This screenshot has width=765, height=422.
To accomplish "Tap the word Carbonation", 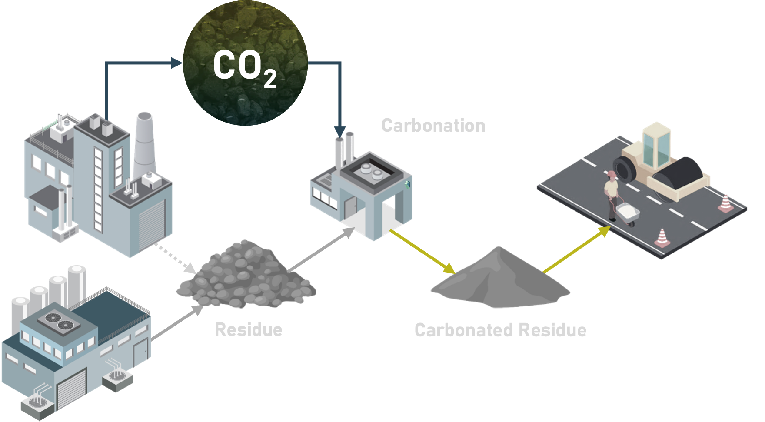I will [433, 126].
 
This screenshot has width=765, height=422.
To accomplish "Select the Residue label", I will [249, 329].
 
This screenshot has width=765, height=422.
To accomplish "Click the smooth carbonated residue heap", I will [500, 280].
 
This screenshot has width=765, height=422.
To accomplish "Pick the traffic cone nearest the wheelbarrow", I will [662, 238].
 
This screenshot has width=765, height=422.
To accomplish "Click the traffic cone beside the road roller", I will [725, 203].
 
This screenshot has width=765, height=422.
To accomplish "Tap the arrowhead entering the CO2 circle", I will [176, 63].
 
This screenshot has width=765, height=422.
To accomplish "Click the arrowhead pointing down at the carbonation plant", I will [340, 132].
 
